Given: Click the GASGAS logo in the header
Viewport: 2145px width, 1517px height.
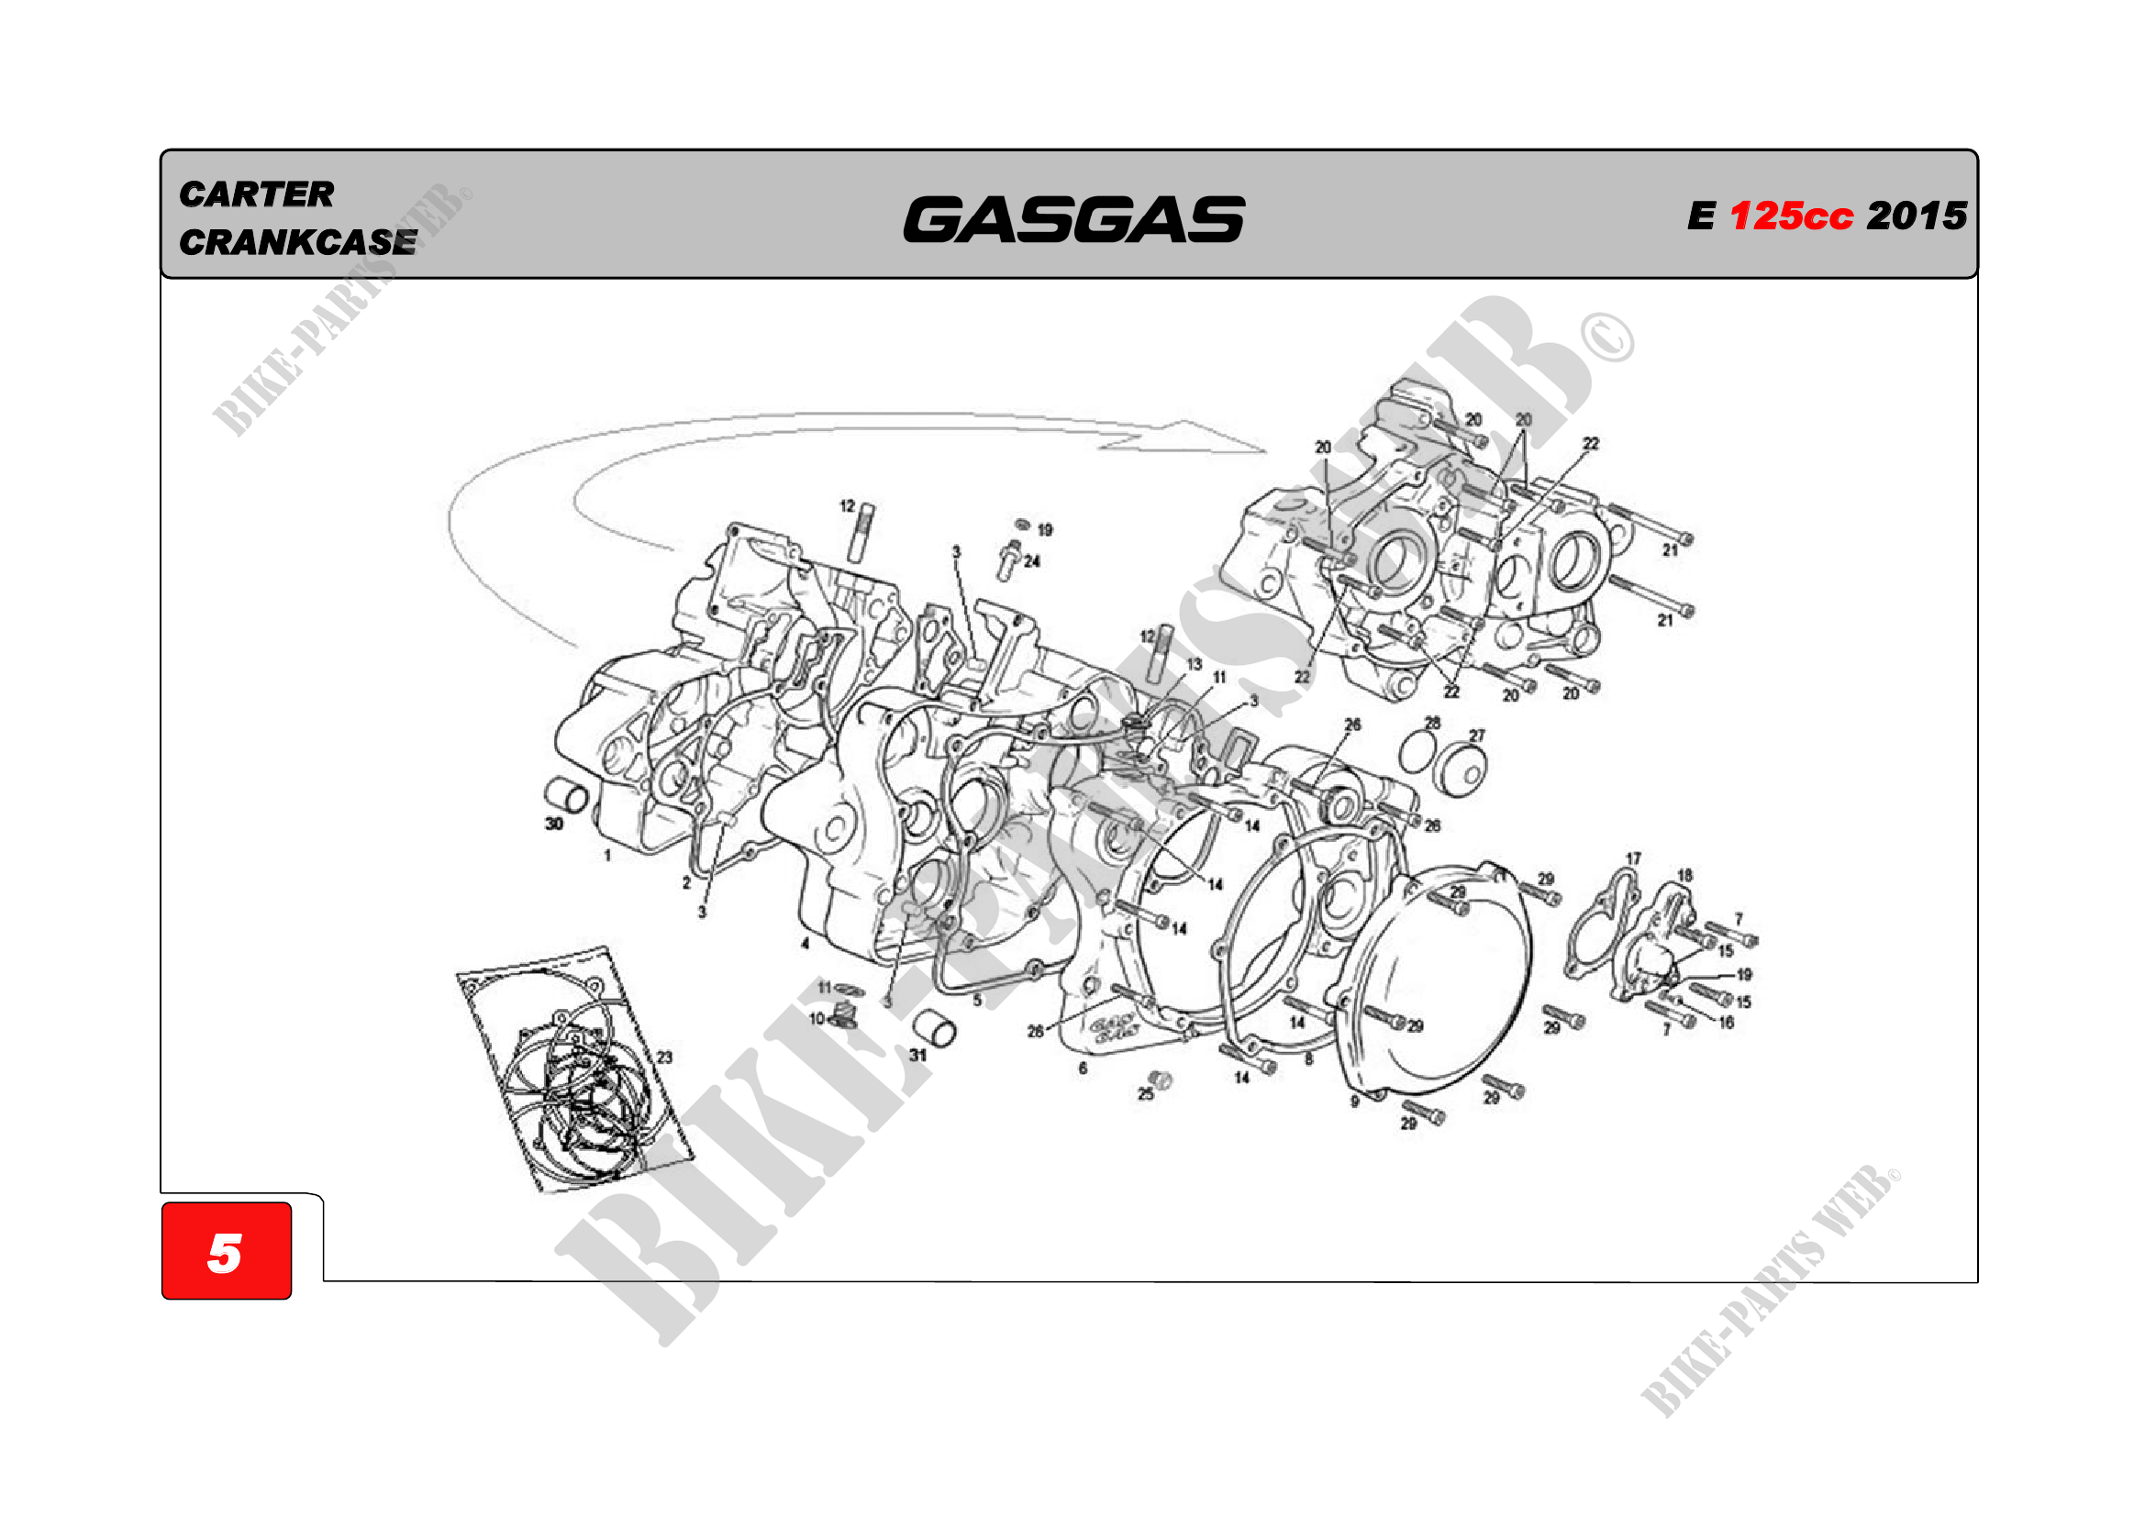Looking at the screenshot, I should (1072, 219).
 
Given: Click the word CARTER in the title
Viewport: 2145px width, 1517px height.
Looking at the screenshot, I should (256, 194).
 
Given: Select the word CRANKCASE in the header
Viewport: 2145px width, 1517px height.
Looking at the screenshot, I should (297, 242).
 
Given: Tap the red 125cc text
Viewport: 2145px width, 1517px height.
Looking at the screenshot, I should (1790, 216).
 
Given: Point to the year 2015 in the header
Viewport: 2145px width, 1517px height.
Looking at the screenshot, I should (1917, 216).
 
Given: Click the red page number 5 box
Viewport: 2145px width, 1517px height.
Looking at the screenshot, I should (226, 1250).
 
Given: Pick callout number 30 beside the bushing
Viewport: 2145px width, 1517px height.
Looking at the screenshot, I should (554, 823).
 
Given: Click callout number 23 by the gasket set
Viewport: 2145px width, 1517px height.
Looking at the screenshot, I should (664, 1057).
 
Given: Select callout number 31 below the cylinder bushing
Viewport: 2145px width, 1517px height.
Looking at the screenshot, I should (918, 1055).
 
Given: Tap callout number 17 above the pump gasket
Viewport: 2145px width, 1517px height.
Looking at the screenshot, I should (1633, 858).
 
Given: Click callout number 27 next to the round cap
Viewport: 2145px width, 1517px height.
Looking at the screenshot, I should (1477, 736).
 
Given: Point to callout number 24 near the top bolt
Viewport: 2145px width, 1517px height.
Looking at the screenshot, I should (1031, 561).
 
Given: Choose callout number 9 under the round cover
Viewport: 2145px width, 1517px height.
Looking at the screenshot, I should (1355, 1102).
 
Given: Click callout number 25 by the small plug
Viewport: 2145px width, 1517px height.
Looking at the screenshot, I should (1145, 1094).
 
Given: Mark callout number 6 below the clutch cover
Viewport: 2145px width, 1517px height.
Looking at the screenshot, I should (1083, 1068).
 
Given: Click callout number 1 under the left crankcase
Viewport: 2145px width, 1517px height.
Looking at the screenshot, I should (607, 855).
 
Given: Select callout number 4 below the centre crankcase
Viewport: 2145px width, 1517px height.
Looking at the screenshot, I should (805, 944).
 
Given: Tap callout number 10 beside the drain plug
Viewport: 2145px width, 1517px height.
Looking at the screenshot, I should (817, 1018).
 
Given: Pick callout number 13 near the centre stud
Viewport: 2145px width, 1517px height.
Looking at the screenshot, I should (1195, 664).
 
